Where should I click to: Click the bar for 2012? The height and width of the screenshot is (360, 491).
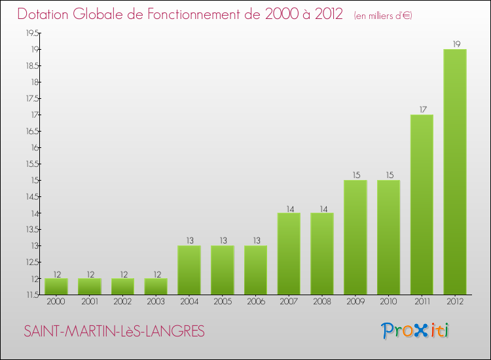pyautogui.click(x=455, y=172)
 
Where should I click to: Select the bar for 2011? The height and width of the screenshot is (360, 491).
pyautogui.click(x=422, y=205)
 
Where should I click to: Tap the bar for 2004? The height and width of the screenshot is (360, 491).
pyautogui.click(x=189, y=270)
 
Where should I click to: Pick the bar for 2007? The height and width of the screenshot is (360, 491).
pyautogui.click(x=289, y=254)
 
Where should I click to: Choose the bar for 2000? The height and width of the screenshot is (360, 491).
pyautogui.click(x=56, y=287)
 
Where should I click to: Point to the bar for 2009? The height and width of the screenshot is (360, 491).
pyautogui.click(x=355, y=238)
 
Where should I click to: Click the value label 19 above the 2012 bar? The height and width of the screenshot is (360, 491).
pyautogui.click(x=456, y=44)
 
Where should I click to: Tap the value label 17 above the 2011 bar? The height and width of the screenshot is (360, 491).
pyautogui.click(x=423, y=109)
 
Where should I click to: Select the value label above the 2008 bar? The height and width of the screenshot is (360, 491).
pyautogui.click(x=323, y=209)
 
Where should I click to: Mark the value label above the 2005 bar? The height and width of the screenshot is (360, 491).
pyautogui.click(x=223, y=240)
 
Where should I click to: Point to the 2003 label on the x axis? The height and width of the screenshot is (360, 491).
pyautogui.click(x=156, y=302)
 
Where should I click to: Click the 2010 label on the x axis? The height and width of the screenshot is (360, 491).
pyautogui.click(x=389, y=302)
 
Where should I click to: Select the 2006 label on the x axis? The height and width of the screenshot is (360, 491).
pyautogui.click(x=256, y=302)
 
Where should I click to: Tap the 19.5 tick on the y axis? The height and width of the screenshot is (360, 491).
pyautogui.click(x=32, y=33)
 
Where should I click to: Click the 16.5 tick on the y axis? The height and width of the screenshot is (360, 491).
pyautogui.click(x=32, y=131)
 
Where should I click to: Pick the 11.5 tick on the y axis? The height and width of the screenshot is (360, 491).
pyautogui.click(x=32, y=295)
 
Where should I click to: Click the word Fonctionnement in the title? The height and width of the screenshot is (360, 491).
pyautogui.click(x=204, y=14)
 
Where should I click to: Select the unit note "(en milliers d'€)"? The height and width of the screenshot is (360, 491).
pyautogui.click(x=383, y=16)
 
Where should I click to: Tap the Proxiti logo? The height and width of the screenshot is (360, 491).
pyautogui.click(x=415, y=331)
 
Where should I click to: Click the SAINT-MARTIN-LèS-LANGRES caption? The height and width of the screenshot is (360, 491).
pyautogui.click(x=115, y=331)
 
